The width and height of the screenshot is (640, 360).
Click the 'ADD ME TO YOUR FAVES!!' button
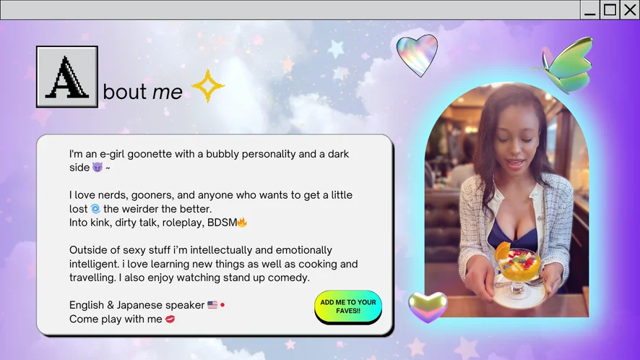click(347, 307)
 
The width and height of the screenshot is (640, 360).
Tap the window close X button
click(630, 9)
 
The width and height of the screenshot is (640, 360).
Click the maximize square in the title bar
click(610, 9)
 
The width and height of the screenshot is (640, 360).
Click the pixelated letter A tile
click(67, 77)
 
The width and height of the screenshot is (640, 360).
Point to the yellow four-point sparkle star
click(208, 86)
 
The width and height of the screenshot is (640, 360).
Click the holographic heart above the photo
click(417, 55)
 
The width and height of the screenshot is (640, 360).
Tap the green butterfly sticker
click(566, 65)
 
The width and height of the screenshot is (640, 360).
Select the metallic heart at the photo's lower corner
click(428, 307)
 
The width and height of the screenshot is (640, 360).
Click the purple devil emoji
click(97, 167)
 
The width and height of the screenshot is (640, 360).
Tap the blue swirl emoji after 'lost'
click(95, 209)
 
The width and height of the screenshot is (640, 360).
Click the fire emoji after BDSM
click(242, 223)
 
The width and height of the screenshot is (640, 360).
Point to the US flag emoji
click(212, 305)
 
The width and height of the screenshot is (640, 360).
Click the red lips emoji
click(170, 319)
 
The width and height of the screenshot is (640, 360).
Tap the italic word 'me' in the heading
click(168, 92)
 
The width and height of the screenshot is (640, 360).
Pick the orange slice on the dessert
click(503, 249)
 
